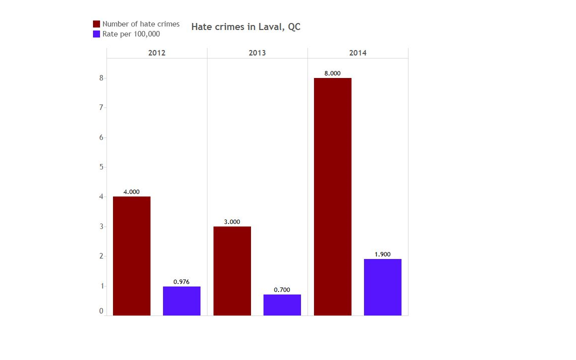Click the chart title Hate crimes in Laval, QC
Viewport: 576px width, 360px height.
pos(245,27)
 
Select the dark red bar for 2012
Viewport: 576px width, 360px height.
pos(131,256)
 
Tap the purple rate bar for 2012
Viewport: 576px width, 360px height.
pos(181,301)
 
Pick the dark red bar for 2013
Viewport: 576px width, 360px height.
pos(232,271)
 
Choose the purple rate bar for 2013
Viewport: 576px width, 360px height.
pos(282,305)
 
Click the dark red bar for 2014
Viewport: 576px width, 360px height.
pos(332,196)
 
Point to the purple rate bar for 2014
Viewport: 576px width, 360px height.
pos(382,287)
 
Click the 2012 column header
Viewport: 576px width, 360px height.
pos(156,53)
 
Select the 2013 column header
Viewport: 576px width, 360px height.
pos(257,53)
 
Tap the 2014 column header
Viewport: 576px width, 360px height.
pos(357,53)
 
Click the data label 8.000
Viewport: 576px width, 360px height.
pos(332,73)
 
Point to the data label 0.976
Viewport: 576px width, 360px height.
pos(181,282)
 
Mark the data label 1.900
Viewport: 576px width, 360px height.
pos(382,254)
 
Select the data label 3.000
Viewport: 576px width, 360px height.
pos(232,222)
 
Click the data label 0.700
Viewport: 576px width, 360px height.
pos(282,290)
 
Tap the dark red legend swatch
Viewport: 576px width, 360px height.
pos(96,24)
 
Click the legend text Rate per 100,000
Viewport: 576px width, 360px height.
pos(131,34)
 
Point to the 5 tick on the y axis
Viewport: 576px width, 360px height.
pos(101,167)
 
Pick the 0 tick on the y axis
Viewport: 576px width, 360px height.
pos(101,311)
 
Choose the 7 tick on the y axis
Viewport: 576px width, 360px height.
pos(101,107)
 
